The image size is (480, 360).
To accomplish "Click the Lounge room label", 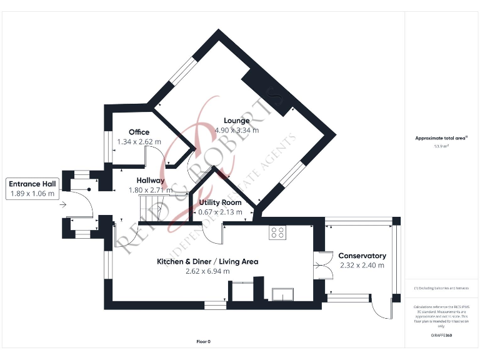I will pos(236,121).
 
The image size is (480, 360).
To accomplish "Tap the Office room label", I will pos(139,132).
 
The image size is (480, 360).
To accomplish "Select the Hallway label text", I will pos(151,180).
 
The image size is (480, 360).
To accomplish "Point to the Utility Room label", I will pos(220,202).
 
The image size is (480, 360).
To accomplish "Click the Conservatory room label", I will pos(362,256).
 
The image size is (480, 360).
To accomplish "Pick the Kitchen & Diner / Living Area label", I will pos(207,261).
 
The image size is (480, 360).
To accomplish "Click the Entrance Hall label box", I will pos(32,189).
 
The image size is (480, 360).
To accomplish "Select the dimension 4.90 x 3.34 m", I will pos(236,130).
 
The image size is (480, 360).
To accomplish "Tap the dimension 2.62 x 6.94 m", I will pos(207,271).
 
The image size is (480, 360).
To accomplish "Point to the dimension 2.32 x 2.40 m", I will pos(362,265).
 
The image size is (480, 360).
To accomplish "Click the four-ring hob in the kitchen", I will pos(277,233).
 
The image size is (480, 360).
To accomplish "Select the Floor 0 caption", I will pos(204,342).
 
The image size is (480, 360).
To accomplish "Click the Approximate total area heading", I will pos(441,137).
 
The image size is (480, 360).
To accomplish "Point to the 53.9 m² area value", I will pos(441,146).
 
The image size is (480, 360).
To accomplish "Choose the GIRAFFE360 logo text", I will pos(441,336).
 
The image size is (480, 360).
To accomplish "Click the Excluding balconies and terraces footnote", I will pos(441,288).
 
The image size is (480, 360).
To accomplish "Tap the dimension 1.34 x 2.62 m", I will pos(139,142).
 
